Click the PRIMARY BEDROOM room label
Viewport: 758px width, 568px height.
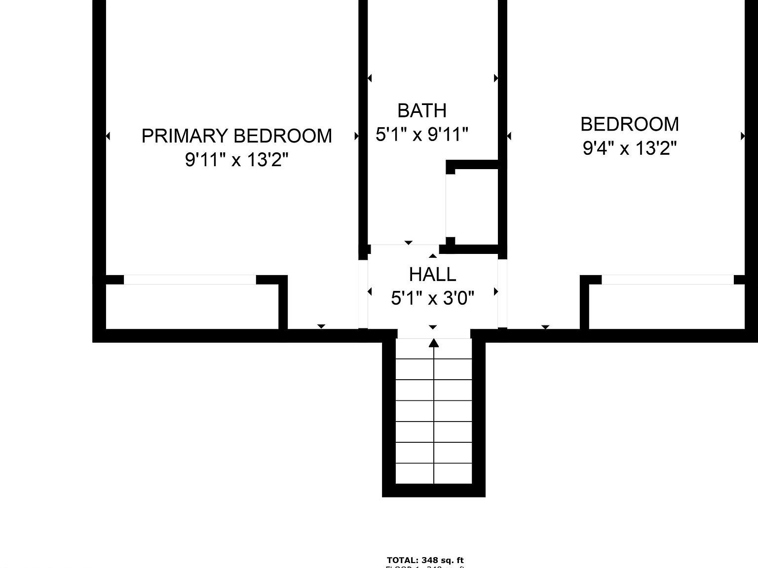236,136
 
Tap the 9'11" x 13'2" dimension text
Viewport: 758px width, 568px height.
236,160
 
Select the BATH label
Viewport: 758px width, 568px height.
422,110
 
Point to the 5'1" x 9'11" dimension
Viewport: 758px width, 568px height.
422,134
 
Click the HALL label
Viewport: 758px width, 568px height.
432,274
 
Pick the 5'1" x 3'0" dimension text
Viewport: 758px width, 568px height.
432,298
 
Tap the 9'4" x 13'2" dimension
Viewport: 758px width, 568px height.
629,147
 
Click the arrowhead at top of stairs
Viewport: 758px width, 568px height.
434,343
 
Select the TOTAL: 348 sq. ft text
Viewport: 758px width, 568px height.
425,560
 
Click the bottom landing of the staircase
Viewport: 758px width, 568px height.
434,474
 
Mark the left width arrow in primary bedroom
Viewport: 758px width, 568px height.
108,136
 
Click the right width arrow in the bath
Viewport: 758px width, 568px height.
495,78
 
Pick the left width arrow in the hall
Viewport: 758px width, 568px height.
370,292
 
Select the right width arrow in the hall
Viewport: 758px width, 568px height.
495,292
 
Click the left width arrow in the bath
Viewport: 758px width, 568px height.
370,78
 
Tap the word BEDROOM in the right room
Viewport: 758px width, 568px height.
629,124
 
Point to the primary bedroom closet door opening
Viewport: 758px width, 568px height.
190,280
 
